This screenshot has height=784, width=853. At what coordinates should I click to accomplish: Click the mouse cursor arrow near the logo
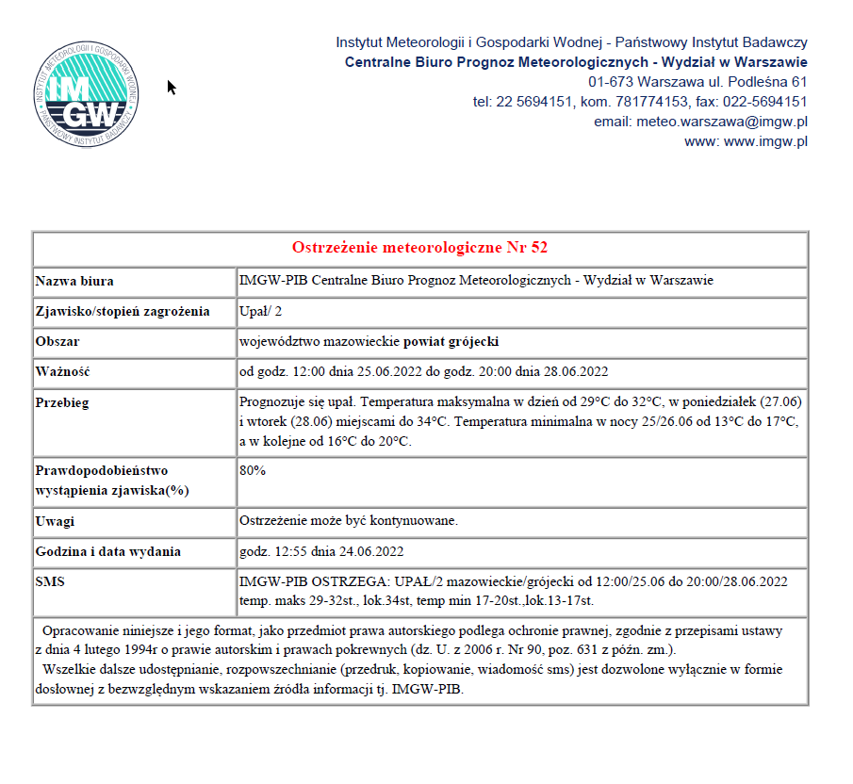click(172, 87)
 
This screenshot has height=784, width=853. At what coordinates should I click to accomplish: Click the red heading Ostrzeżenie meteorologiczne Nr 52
click(420, 248)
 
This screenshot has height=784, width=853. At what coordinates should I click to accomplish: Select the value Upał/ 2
click(261, 312)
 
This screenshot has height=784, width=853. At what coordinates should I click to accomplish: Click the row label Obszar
click(57, 341)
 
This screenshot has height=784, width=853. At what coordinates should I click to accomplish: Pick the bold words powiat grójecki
click(451, 341)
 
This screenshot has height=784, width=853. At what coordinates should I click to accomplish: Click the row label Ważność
click(62, 370)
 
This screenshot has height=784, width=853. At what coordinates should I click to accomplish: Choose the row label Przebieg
click(63, 401)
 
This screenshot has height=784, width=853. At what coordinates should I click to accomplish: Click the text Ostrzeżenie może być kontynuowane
click(349, 521)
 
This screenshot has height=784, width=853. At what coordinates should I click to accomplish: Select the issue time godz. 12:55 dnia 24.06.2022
click(321, 551)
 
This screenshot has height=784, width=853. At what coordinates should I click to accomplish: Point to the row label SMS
click(50, 582)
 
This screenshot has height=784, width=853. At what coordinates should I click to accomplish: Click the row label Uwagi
click(55, 521)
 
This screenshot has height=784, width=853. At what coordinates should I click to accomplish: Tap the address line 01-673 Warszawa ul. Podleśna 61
click(697, 82)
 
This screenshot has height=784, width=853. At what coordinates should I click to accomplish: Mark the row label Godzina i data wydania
click(107, 551)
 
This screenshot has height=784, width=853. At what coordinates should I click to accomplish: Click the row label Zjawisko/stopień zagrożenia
click(123, 312)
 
